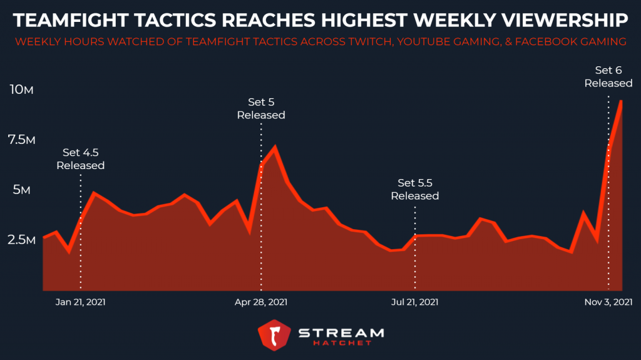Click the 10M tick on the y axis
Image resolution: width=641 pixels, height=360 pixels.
(21, 90)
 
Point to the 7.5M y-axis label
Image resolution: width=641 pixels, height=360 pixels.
(21, 140)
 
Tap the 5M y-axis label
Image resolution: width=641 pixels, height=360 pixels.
(21, 190)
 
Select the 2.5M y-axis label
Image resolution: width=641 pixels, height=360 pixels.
(21, 240)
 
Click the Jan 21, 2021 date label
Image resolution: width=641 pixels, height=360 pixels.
(80, 302)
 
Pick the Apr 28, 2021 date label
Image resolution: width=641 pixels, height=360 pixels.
(261, 302)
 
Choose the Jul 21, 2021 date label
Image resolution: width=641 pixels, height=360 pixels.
(414, 302)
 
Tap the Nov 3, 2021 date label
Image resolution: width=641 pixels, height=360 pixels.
(608, 302)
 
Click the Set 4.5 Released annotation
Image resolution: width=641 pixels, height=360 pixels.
(80, 159)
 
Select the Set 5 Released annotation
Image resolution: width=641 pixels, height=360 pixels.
(261, 108)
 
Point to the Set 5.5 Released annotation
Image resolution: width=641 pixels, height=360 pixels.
(415, 189)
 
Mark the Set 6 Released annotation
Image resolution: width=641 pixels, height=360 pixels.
(608, 76)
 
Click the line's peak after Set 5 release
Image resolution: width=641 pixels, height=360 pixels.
(274, 148)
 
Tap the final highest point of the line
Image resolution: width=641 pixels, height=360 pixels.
(620, 101)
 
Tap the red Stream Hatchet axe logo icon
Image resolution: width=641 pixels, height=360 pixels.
(272, 335)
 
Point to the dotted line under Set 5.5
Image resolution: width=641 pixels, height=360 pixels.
(415, 250)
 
